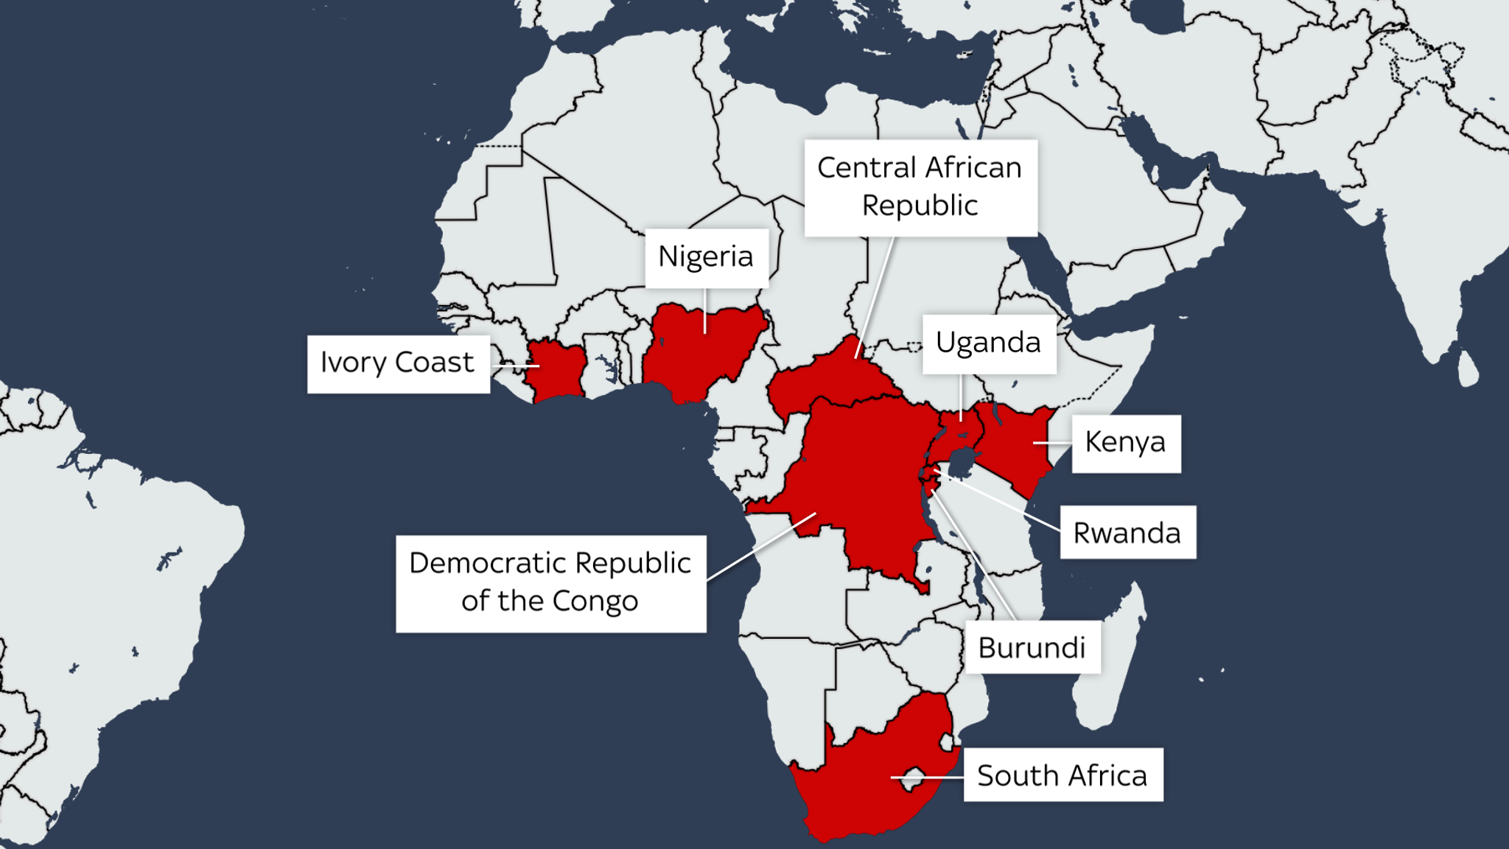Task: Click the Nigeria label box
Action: [x=706, y=257]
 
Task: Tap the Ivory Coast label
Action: [x=398, y=363]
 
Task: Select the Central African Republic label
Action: [x=920, y=187]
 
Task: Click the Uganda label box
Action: [x=988, y=343]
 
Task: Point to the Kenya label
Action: [x=1125, y=443]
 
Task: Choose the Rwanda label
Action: [x=1127, y=533]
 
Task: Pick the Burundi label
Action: [x=1032, y=648]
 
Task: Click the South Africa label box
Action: [x=1062, y=775]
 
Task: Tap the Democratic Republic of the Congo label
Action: [x=550, y=583]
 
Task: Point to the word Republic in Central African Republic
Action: [x=920, y=206]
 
